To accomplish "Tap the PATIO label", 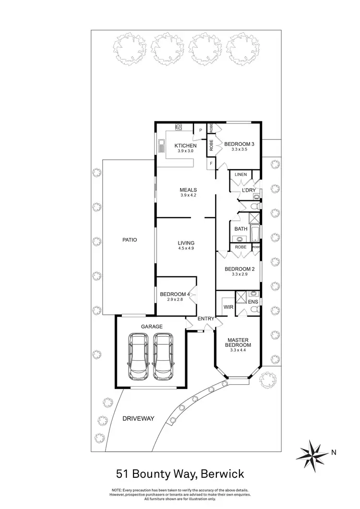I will [x=130, y=239].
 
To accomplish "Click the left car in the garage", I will [x=139, y=355].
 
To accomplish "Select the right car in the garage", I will [x=163, y=355].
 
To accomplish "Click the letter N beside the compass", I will [x=334, y=451].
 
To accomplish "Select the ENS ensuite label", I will [x=253, y=302].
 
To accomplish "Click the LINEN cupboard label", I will [x=240, y=175].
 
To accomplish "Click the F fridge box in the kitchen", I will [x=211, y=164].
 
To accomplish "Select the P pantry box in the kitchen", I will [x=201, y=130].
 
